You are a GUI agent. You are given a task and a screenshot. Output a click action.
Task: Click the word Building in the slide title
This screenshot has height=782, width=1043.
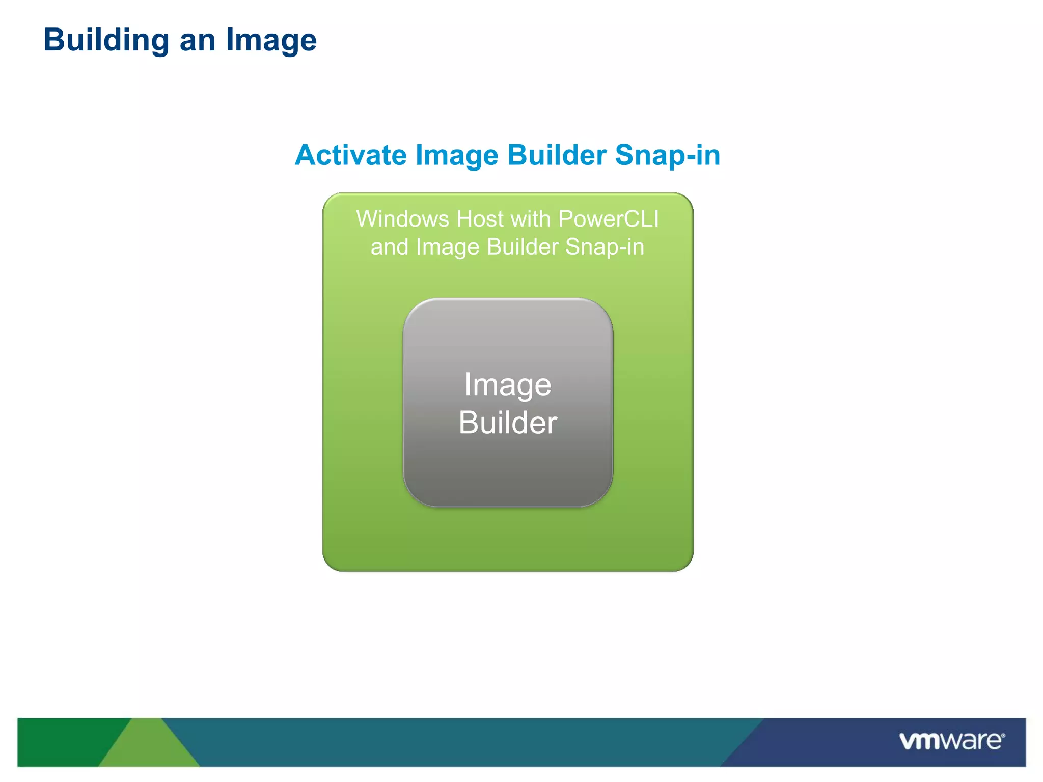tap(106, 40)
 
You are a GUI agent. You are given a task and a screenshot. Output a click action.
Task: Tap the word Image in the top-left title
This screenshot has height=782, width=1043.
tap(271, 40)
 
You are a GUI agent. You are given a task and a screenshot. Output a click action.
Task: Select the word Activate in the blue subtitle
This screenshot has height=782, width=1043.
tap(350, 155)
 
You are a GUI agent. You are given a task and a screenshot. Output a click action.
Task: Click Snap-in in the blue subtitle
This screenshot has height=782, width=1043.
tap(668, 155)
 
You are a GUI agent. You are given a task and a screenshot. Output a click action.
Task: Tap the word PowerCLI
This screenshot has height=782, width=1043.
tap(609, 219)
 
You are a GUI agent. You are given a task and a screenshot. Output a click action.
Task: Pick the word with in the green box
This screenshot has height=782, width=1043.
tap(531, 219)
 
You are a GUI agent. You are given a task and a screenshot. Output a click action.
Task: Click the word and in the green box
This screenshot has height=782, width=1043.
tap(389, 247)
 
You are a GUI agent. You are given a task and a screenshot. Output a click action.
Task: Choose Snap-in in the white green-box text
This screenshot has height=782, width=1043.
tap(605, 247)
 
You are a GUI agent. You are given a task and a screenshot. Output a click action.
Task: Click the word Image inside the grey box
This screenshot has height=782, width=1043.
tap(507, 385)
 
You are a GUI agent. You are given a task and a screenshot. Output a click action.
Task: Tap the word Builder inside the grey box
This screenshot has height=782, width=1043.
tap(508, 423)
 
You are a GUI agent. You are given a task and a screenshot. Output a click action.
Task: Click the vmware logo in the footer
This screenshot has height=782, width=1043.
tap(950, 741)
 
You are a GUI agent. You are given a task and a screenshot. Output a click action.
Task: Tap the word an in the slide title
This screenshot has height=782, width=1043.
tap(197, 40)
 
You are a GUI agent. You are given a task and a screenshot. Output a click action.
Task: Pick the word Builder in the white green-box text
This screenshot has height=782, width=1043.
tap(523, 247)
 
